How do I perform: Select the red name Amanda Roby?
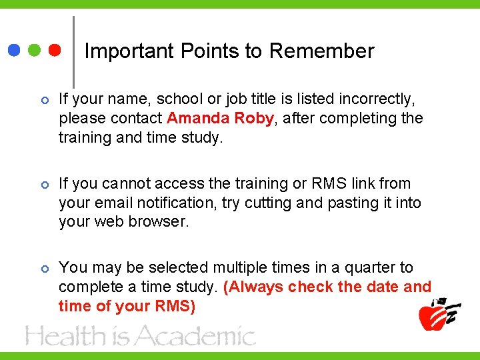point(220,119)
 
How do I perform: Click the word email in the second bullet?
point(114,203)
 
